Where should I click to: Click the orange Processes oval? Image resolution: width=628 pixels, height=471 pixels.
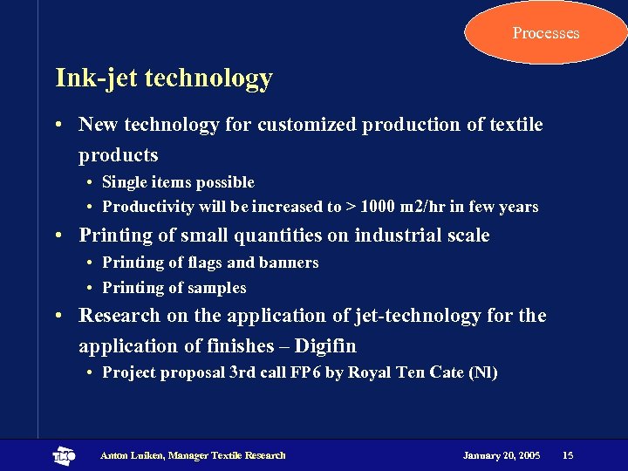pos(546,33)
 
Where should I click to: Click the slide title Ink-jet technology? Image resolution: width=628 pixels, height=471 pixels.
pos(164,78)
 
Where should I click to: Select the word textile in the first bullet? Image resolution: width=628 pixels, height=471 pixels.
pos(515,125)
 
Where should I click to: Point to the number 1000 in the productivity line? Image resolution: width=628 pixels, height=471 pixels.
pos(377,207)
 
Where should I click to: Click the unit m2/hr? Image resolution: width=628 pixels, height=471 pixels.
pos(425,207)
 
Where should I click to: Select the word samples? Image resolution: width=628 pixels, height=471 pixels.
pos(218,288)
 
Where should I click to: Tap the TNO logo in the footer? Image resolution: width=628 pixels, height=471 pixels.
pos(64,455)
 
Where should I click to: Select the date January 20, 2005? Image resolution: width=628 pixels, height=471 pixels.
pos(502,455)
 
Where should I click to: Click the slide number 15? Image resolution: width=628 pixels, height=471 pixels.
pos(568,455)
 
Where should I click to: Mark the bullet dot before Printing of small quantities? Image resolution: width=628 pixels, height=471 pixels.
pos(58,236)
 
